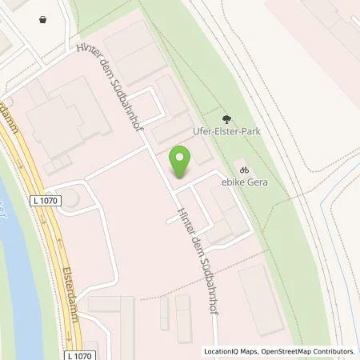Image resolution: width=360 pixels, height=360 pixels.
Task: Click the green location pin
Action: [x=182, y=161]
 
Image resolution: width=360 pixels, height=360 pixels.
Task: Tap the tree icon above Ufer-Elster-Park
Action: [x=226, y=119]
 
